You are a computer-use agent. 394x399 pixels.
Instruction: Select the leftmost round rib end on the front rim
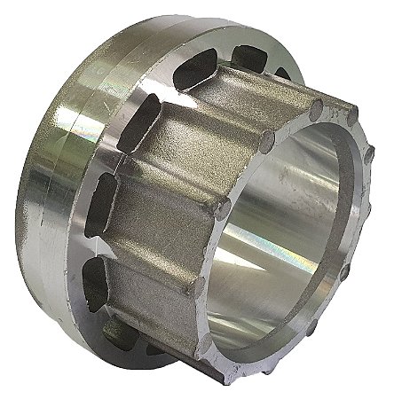point(198,285)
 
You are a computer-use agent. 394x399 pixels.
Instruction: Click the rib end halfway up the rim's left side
point(223,207)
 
